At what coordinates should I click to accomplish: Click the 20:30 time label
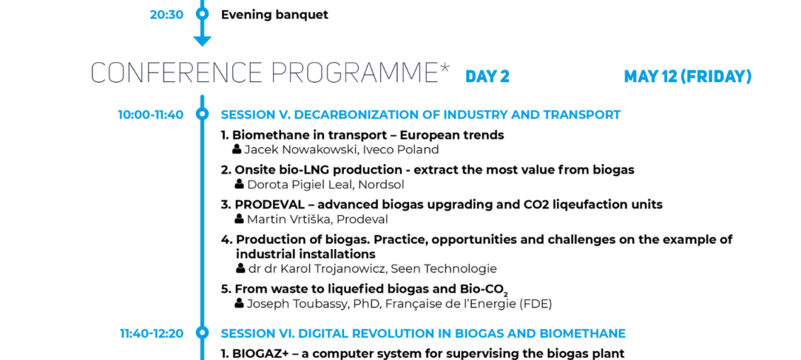pos(166,15)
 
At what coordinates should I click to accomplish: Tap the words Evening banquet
pos(275,15)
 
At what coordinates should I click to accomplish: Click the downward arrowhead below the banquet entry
pos(202,41)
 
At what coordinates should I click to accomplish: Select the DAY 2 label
pos(488,76)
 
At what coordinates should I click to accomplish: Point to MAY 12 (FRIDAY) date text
pos(688,76)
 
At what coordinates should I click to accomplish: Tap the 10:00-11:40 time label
pos(151,115)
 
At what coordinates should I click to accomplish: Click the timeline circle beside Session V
pos(202,114)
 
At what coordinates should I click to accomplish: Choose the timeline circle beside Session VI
pos(202,333)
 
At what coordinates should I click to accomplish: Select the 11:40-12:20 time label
pos(151,334)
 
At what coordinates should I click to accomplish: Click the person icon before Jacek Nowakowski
pos(236,149)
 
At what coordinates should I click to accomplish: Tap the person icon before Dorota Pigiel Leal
pos(239,184)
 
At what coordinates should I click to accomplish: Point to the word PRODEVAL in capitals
pos(268,205)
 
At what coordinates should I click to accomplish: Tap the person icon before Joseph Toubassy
pos(239,303)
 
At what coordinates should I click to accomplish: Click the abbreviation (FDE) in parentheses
pos(536,304)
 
